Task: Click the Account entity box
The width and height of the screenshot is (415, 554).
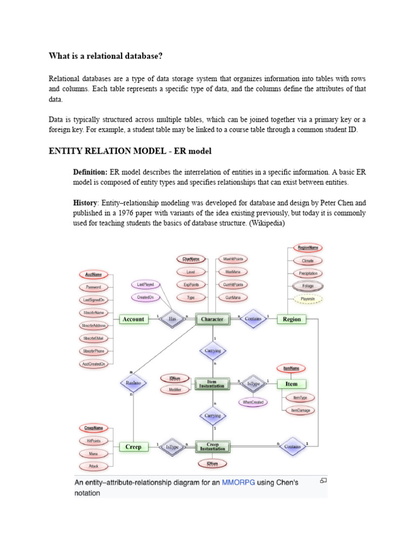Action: click(133, 319)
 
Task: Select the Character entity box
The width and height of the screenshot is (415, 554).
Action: click(212, 319)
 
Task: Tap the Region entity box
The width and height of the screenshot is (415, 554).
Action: click(292, 319)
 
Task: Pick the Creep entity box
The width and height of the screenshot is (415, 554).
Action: click(133, 447)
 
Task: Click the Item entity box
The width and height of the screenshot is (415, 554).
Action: click(291, 384)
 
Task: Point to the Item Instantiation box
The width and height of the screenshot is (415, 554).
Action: click(212, 384)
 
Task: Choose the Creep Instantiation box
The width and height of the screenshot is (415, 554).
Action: click(212, 447)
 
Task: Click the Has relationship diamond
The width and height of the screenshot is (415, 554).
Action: click(172, 319)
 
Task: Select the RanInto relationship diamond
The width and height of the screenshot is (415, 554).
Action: click(133, 383)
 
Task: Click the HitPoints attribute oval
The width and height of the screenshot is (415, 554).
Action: click(94, 440)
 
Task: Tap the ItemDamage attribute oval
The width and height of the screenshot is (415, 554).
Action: click(301, 411)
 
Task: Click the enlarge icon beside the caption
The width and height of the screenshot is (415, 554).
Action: click(323, 480)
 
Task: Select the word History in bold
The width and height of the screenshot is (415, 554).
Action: click(84, 202)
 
